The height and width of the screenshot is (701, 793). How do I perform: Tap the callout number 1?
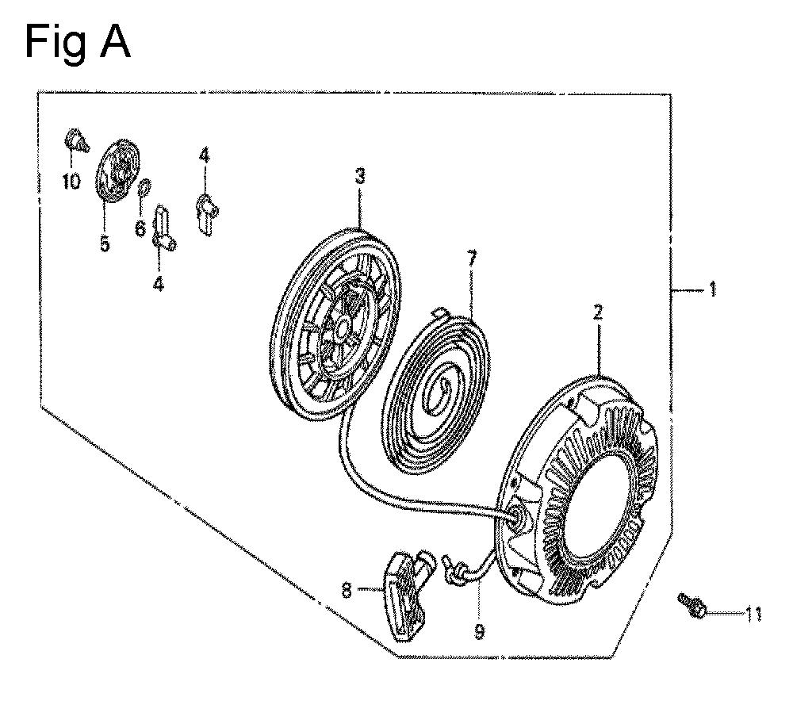tap(712, 289)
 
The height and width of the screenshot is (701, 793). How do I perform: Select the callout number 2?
tap(598, 312)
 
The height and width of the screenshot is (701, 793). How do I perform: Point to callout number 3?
tap(359, 177)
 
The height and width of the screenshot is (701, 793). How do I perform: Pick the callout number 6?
tap(140, 228)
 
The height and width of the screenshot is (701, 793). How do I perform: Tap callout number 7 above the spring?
tap(471, 259)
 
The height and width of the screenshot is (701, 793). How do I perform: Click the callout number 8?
tap(347, 590)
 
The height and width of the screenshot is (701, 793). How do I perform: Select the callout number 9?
tap(479, 630)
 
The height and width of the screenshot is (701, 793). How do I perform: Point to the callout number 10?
tap(71, 181)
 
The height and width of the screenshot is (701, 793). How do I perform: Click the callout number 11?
tap(753, 615)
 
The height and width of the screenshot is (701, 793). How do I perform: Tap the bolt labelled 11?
tap(691, 605)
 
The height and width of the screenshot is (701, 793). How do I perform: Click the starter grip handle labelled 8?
tap(407, 595)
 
